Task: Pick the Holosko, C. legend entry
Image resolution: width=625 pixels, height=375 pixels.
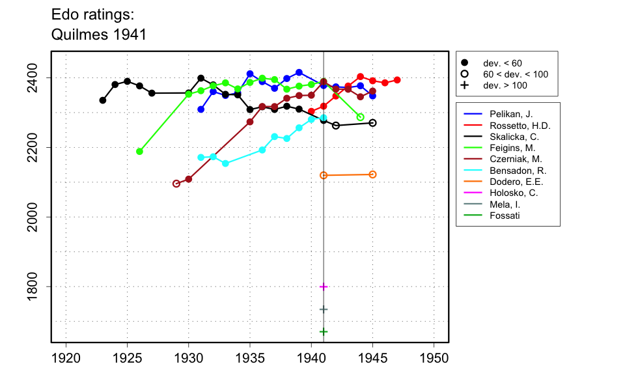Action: click(x=505, y=193)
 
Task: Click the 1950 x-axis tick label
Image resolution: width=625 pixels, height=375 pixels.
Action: click(x=434, y=358)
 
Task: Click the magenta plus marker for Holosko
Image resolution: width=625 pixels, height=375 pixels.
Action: click(x=324, y=286)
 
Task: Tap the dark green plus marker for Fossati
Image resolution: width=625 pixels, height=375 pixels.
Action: click(x=324, y=331)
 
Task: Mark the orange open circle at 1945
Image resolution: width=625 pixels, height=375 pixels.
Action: click(x=372, y=174)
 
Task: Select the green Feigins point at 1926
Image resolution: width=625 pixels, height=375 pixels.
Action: click(x=139, y=151)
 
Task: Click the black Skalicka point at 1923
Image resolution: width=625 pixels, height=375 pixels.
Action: click(x=103, y=100)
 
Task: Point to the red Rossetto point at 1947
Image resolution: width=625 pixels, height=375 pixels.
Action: click(x=397, y=80)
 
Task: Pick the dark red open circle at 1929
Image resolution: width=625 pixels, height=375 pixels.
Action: click(x=176, y=184)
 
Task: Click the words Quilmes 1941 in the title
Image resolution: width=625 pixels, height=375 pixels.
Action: click(x=98, y=35)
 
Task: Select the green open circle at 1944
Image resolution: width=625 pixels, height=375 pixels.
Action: click(x=361, y=117)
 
